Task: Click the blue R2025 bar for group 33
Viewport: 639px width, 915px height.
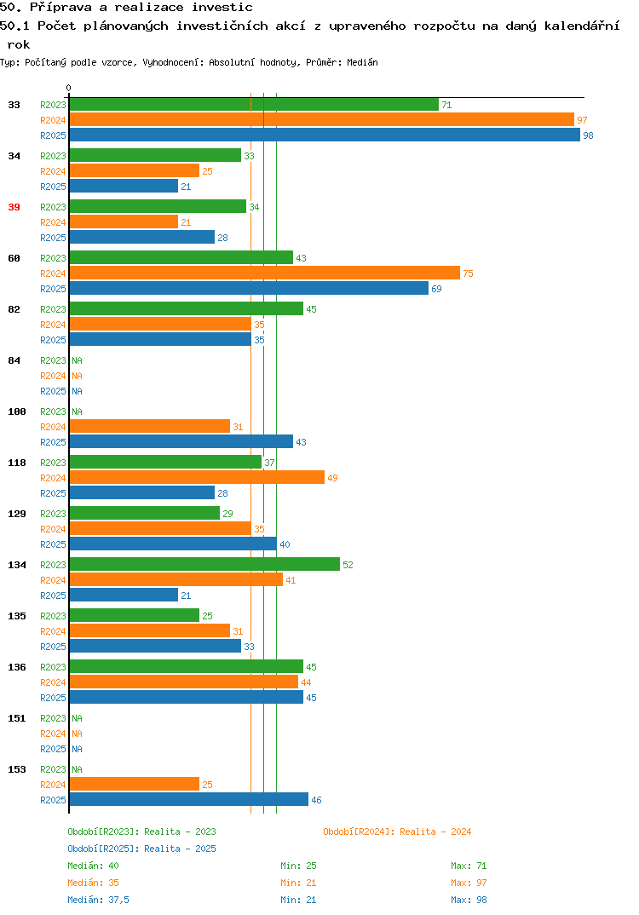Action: [x=325, y=135]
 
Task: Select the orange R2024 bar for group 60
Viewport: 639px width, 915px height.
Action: [x=264, y=273]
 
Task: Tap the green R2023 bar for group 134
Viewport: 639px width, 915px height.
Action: [x=204, y=564]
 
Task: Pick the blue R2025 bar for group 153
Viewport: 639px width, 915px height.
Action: [x=188, y=799]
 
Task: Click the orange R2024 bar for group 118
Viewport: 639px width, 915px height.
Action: [x=197, y=477]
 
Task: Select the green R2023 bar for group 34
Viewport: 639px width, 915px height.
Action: [x=155, y=155]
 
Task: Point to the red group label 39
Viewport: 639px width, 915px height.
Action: [x=14, y=207]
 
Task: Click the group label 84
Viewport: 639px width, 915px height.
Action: [x=14, y=360]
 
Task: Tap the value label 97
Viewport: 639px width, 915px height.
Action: [x=582, y=120]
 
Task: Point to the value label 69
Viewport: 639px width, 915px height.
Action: [x=436, y=289]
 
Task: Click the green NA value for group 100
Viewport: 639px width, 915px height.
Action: [x=77, y=411]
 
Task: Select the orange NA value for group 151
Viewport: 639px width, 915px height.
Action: [x=77, y=734]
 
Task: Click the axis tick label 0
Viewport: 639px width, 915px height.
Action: [x=68, y=88]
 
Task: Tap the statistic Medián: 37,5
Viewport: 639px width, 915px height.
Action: [x=98, y=900]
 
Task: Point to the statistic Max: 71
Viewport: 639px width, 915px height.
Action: [x=469, y=866]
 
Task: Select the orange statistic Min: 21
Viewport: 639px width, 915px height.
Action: [x=298, y=883]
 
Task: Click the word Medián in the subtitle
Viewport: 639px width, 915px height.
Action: [x=362, y=62]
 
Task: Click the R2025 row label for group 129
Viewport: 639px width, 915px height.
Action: [x=53, y=544]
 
